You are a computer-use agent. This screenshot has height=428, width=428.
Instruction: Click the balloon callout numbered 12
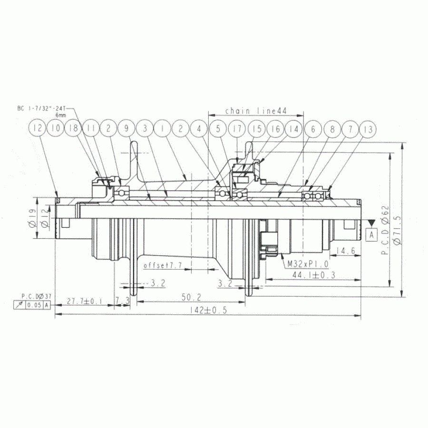tap(38, 128)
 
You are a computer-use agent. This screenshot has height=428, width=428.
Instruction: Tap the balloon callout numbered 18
tap(74, 128)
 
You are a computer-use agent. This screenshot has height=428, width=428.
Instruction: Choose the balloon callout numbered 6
tap(313, 128)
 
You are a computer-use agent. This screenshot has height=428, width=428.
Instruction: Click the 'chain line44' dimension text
tap(255, 111)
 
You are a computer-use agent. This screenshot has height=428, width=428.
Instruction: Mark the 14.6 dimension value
tap(347, 250)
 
